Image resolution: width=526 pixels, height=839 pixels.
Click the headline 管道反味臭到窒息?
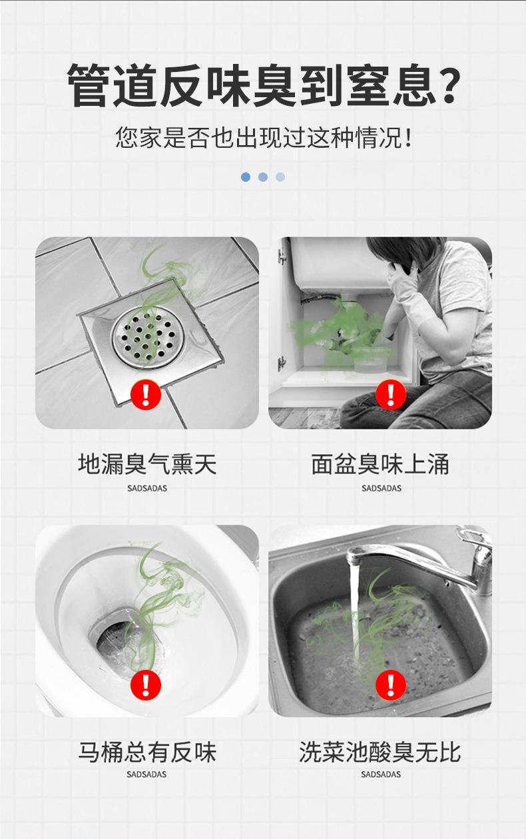click(x=264, y=85)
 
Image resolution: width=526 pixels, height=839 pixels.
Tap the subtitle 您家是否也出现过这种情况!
click(x=264, y=137)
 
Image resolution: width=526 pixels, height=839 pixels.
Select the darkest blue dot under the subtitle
click(x=246, y=177)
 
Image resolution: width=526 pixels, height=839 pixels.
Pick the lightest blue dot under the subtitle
click(x=280, y=177)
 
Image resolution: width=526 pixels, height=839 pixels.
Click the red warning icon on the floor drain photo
click(x=146, y=394)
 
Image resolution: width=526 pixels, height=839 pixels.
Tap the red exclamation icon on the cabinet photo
click(x=391, y=394)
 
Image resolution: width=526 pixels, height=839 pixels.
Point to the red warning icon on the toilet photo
click(x=146, y=685)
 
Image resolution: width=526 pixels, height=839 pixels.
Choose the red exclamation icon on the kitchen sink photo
click(x=391, y=685)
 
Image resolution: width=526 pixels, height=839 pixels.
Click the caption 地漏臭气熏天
click(x=147, y=464)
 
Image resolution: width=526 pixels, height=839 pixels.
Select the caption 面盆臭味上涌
click(x=380, y=464)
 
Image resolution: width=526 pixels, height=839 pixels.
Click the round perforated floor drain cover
click(x=148, y=336)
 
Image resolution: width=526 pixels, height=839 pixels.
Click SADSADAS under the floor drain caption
click(x=147, y=489)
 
